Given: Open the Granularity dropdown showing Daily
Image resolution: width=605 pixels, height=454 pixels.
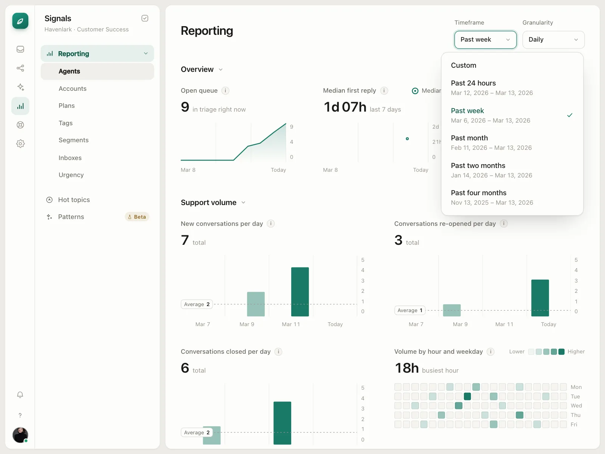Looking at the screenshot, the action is [553, 40].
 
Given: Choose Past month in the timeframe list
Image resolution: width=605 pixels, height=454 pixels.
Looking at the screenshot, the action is [491, 143].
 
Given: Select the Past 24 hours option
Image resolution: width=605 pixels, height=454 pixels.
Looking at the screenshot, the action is [492, 88].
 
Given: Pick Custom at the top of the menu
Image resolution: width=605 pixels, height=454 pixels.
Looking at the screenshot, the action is [463, 65].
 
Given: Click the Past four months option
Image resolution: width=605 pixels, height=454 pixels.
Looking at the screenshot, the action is [492, 197].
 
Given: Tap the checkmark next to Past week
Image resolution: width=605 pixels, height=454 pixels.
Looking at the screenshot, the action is [570, 115].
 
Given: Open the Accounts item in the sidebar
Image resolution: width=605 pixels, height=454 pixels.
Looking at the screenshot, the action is [73, 89].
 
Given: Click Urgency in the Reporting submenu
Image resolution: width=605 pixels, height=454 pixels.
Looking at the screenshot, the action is [71, 175].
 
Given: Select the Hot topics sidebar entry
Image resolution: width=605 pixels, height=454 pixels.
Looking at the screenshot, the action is [74, 200].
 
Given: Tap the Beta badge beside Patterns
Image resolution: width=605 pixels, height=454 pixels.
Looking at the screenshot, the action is [137, 217].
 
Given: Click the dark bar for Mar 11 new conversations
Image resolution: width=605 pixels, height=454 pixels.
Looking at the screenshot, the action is [300, 292].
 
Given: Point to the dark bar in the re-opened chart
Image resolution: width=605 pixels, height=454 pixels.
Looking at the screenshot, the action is [540, 298].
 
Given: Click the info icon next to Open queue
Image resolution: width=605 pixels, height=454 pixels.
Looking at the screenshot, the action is [225, 90].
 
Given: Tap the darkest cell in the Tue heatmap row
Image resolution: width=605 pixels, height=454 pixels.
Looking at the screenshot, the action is [467, 396].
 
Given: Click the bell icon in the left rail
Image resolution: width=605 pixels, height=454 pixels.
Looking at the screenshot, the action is [20, 395].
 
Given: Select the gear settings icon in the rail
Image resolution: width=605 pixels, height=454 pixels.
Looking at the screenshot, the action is [20, 144].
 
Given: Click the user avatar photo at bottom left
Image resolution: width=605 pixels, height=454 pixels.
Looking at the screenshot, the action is [20, 435].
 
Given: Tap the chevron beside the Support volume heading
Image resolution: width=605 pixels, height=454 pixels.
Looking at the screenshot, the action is [244, 203].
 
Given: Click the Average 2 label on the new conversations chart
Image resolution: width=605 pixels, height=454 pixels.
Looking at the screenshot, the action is [197, 304].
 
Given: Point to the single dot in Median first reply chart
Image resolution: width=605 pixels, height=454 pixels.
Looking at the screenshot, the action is [407, 138].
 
